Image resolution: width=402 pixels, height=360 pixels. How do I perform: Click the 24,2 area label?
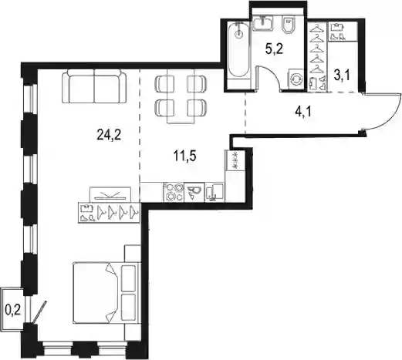point(109,135)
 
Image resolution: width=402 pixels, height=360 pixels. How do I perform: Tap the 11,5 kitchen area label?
point(185,156)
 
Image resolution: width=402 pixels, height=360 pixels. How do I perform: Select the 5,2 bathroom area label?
point(274,49)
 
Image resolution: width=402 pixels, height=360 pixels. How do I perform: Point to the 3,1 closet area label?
point(342,76)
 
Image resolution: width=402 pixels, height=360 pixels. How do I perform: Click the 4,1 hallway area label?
point(303,112)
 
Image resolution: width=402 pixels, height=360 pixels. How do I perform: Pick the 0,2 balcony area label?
point(12,311)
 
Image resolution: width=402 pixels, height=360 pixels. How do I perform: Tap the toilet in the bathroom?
point(289,25)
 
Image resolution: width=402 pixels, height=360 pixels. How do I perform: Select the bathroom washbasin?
point(262,22)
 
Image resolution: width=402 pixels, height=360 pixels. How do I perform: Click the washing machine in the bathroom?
point(296,79)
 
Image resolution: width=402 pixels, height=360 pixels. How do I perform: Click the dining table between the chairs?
point(181,96)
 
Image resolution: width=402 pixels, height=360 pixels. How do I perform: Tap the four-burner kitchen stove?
point(174,192)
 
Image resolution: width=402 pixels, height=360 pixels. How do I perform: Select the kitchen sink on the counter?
point(215,192)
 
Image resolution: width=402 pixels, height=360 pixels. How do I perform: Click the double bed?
point(106,292)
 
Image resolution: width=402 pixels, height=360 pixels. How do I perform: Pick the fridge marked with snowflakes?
point(235,160)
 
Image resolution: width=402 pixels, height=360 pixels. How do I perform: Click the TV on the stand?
point(110,195)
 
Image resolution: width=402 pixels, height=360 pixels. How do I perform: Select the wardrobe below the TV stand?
point(109,213)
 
